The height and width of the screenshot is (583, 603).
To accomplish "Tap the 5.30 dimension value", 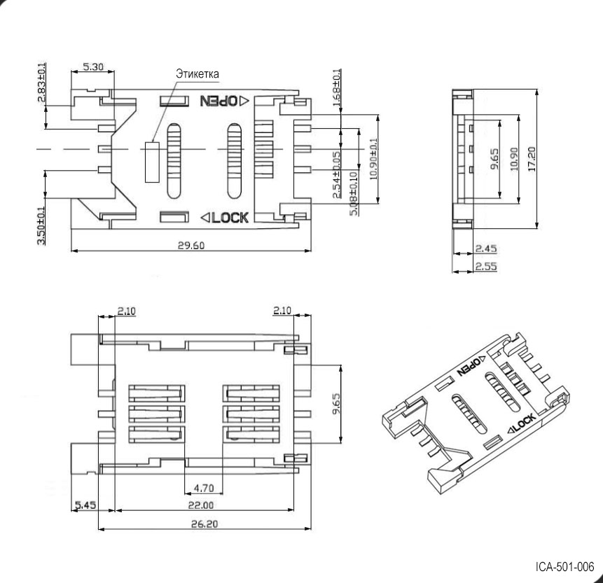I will point(94,68).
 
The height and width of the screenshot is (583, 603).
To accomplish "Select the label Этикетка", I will point(196,73).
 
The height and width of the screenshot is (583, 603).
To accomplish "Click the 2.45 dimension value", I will point(486,248).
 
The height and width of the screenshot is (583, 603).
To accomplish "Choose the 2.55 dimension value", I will point(486,267).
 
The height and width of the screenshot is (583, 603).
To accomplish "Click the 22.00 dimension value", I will point(201,505).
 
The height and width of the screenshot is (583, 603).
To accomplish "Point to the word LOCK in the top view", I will point(230,218).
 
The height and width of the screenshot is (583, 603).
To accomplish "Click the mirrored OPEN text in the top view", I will point(219,101).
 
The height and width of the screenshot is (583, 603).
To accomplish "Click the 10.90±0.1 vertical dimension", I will point(373,158).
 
